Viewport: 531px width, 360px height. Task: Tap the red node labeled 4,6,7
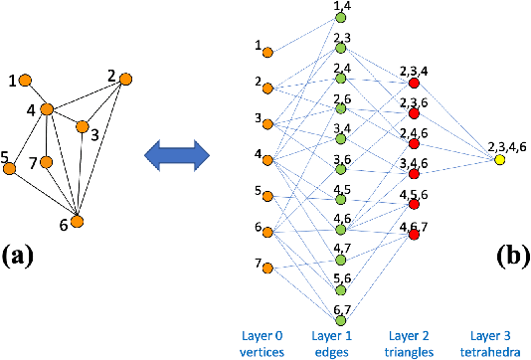pyautogui.click(x=415, y=238)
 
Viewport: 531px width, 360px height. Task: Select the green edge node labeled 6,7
pyautogui.click(x=341, y=320)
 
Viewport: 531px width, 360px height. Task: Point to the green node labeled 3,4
pyautogui.click(x=341, y=140)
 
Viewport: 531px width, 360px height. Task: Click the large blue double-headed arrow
pyautogui.click(x=176, y=154)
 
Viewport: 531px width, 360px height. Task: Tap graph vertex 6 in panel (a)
pyautogui.click(x=77, y=221)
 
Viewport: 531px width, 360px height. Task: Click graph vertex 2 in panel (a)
pyautogui.click(x=125, y=79)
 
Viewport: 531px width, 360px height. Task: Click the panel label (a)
pyautogui.click(x=22, y=256)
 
